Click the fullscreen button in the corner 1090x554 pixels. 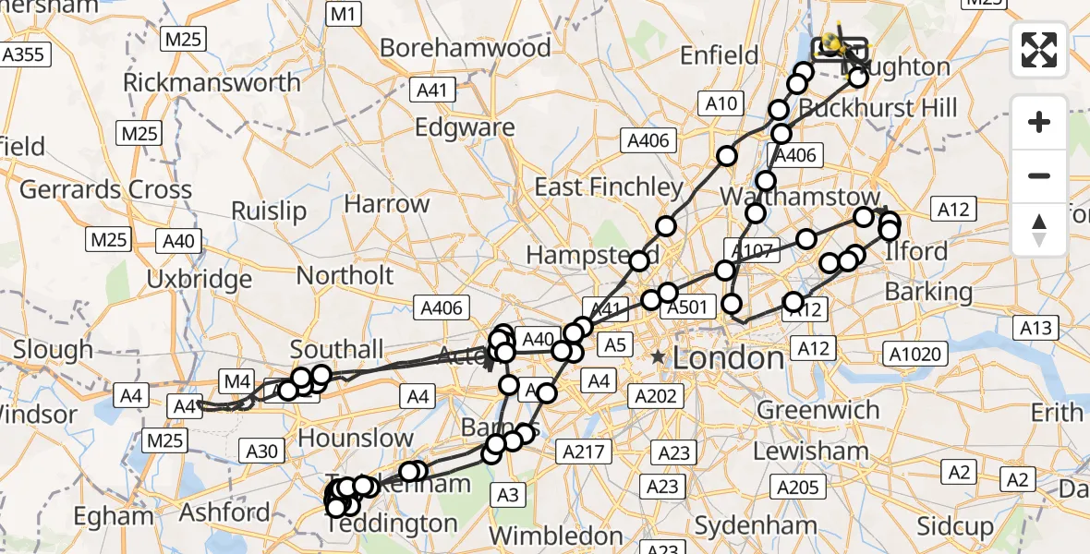pos(1039,50)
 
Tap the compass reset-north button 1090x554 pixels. pos(1039,230)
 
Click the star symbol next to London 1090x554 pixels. pos(657,356)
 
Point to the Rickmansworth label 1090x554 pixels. pos(212,82)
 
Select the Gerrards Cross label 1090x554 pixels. pos(105,190)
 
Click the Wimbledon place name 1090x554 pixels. pos(555,536)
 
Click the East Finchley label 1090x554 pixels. pos(609,187)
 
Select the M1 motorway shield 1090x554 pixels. pos(343,14)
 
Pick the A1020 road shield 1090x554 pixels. pos(914,352)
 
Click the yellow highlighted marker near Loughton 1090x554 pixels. pos(833,41)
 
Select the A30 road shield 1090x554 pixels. pos(261,451)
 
